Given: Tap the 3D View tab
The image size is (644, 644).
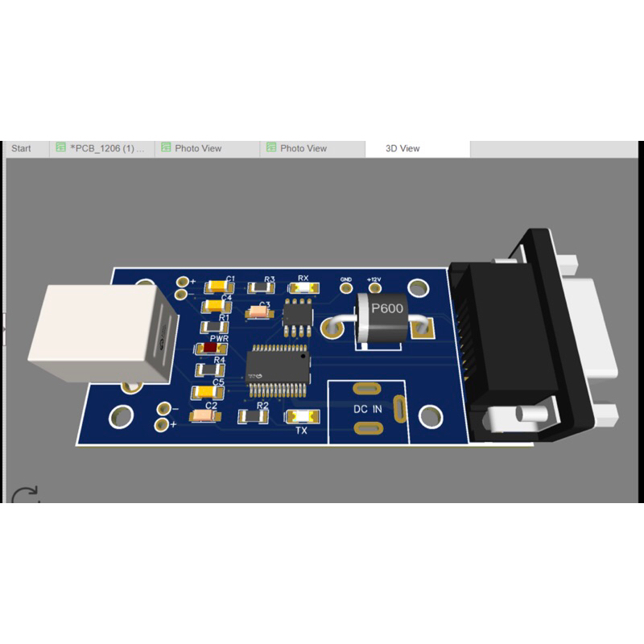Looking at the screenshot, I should (402, 148).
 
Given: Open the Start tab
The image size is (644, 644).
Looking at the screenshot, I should (22, 148).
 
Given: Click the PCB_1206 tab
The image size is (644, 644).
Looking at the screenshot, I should (103, 148).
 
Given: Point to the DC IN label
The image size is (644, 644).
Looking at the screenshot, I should (368, 409).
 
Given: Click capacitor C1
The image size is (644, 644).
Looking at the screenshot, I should (218, 287).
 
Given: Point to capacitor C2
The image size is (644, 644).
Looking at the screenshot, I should (200, 416).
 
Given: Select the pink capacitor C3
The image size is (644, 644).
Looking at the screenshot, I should (258, 311).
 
